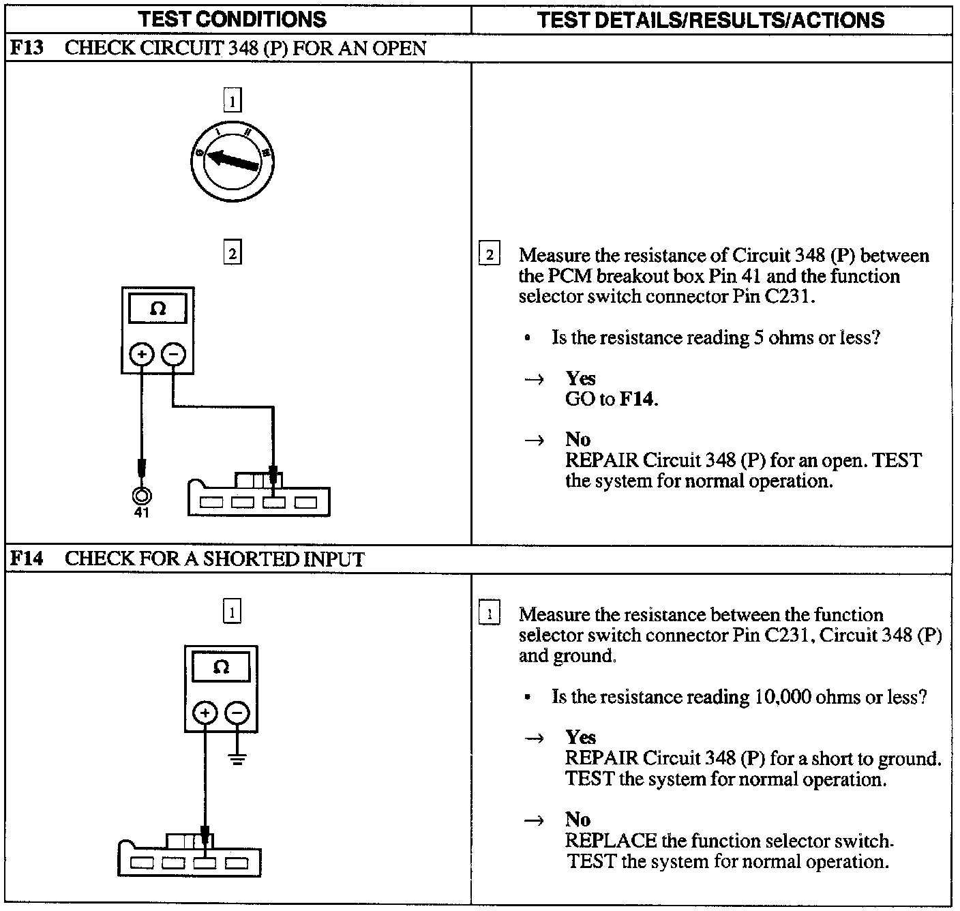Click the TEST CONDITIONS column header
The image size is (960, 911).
232,19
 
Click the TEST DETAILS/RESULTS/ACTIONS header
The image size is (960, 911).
710,20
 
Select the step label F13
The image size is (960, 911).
27,48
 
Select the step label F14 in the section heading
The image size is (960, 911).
27,559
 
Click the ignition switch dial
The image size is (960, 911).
232,159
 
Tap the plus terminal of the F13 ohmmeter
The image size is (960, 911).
142,354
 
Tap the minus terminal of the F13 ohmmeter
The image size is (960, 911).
174,354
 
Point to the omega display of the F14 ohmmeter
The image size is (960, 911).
221,666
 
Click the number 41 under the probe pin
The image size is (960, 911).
141,513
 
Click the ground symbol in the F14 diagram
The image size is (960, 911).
237,758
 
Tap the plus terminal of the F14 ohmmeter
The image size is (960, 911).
205,713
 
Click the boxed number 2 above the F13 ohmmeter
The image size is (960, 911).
232,254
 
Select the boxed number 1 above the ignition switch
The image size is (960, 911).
232,102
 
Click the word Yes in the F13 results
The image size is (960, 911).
580,378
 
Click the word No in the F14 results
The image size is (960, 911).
577,820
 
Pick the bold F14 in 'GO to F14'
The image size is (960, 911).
637,399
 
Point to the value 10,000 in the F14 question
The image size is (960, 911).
783,697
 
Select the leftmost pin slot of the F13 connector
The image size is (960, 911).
211,503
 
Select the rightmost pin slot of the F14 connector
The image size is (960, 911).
237,863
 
